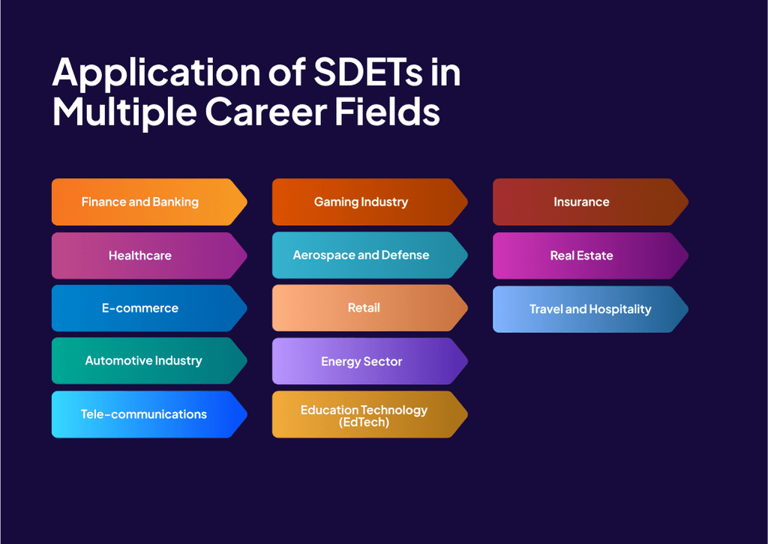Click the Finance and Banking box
(142, 202)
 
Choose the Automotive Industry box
(142, 361)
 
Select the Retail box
(363, 308)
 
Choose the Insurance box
(583, 202)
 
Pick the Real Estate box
(583, 255)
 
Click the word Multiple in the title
(124, 112)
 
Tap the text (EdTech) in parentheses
(364, 422)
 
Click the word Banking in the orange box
(175, 202)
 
